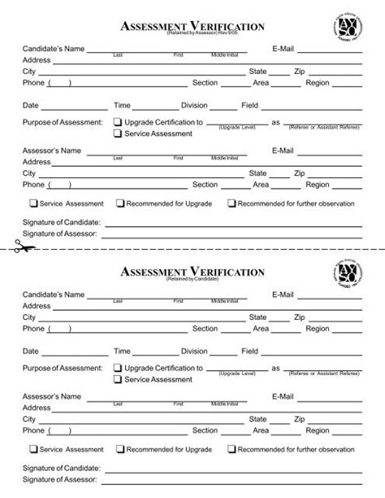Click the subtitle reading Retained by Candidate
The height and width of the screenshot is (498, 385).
click(192, 279)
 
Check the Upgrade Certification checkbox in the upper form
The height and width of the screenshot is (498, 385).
click(117, 122)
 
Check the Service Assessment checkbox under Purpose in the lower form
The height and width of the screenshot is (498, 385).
click(117, 378)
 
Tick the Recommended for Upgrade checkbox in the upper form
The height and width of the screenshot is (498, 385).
click(120, 203)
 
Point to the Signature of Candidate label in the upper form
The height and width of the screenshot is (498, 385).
click(61, 221)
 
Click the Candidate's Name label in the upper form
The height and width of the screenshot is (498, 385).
click(54, 49)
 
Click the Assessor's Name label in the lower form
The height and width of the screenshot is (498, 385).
click(52, 395)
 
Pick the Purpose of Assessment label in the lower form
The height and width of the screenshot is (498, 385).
click(63, 368)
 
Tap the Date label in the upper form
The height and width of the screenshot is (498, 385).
click(31, 106)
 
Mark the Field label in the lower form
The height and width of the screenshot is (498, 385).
click(249, 351)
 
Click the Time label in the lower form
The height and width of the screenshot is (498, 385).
click(122, 351)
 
